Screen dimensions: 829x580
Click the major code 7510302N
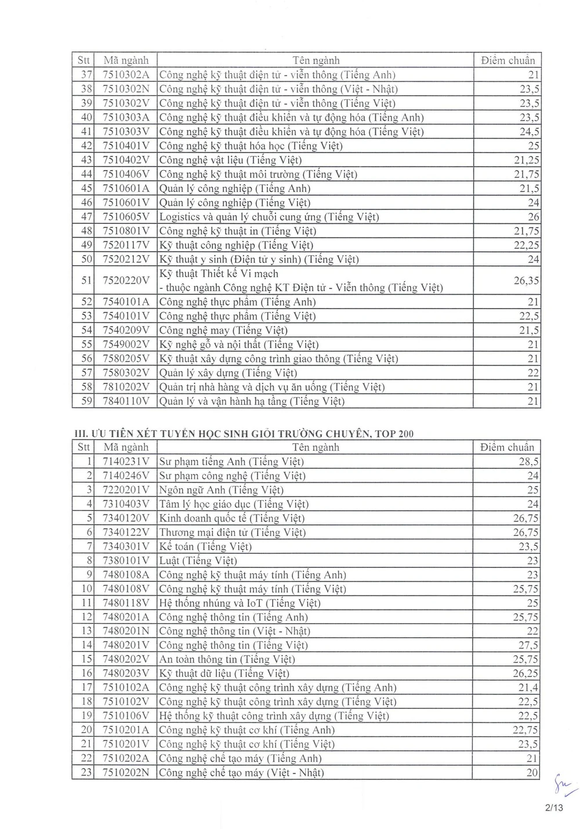coord(125,89)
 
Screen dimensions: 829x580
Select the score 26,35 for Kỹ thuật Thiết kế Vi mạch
coord(526,281)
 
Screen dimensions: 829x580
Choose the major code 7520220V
coord(125,281)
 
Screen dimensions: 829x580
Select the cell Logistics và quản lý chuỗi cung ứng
coord(269,217)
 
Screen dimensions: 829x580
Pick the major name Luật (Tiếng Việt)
coord(198,561)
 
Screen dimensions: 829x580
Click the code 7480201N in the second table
coord(125,631)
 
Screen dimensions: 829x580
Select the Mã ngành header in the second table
coord(125,447)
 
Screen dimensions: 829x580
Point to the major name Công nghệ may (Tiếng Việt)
coord(223,331)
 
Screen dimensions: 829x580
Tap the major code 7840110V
coord(125,401)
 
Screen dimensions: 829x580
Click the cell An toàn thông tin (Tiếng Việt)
coord(227,660)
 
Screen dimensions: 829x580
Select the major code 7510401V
coord(125,146)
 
